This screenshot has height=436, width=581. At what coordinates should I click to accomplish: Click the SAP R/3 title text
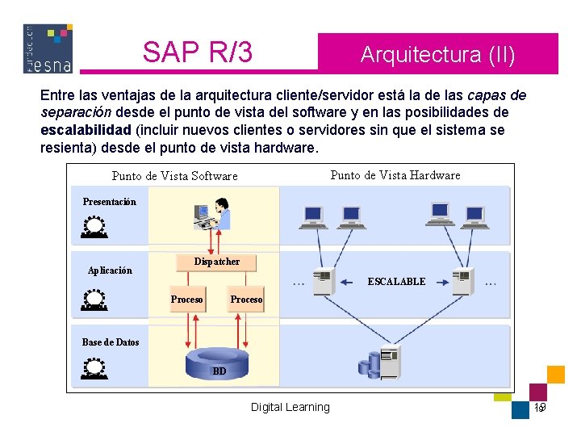click(198, 52)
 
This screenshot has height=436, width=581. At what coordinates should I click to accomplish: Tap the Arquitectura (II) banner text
click(437, 55)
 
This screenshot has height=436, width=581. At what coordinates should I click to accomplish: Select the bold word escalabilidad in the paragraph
click(86, 130)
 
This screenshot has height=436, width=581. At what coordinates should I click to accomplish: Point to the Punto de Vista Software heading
click(174, 176)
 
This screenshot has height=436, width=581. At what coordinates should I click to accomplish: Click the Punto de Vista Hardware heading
click(395, 175)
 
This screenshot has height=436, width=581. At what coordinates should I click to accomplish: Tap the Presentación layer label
click(110, 202)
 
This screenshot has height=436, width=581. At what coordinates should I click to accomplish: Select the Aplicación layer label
click(110, 270)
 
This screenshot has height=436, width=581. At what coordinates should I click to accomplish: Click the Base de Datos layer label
click(111, 342)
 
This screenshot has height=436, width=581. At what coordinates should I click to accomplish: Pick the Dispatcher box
click(216, 262)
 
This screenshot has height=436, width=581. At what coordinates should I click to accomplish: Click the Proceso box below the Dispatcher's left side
click(186, 300)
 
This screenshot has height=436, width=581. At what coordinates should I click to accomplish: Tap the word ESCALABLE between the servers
click(396, 282)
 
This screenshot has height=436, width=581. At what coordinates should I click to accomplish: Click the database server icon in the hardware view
click(381, 363)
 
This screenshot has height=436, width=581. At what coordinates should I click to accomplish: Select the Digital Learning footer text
click(290, 407)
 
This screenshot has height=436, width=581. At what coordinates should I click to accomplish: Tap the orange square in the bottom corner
click(555, 374)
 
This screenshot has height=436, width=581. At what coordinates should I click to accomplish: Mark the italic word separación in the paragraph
click(76, 112)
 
